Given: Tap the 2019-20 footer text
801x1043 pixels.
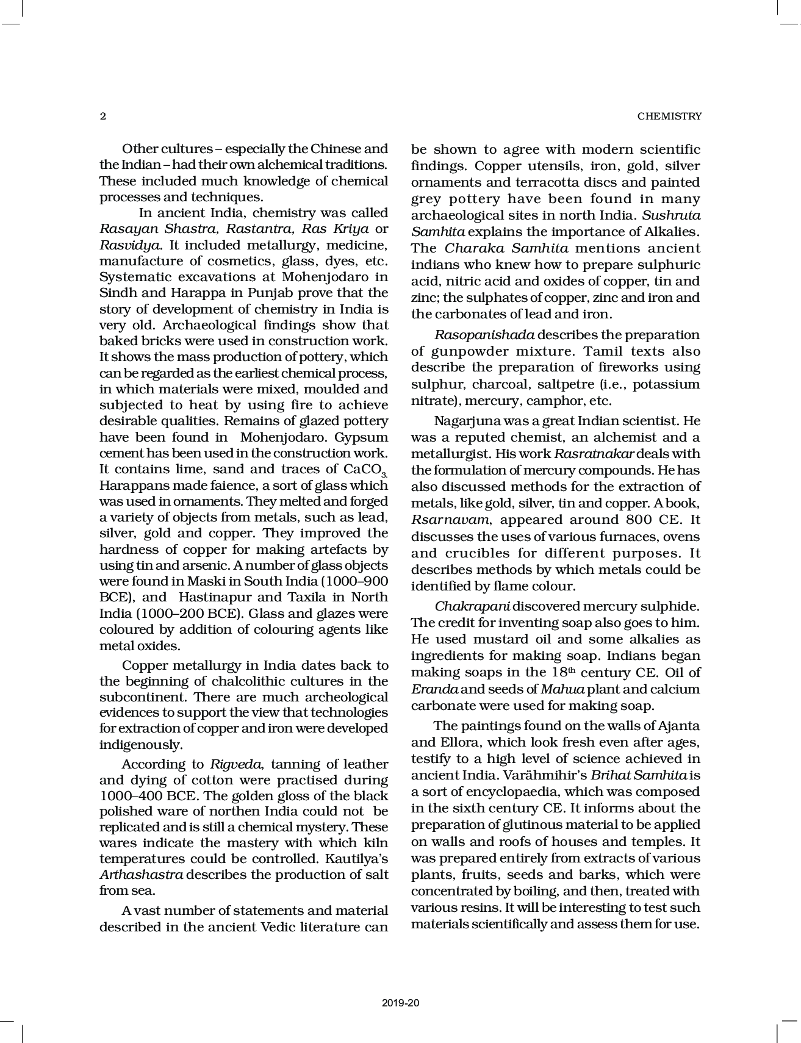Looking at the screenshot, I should (401, 1002).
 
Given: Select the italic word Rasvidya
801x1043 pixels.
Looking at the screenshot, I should (130, 245).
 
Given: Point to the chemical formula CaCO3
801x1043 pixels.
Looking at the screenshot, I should (365, 470).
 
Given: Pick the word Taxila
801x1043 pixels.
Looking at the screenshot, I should (297, 597).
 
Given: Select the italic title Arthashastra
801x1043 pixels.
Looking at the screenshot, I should (141, 875).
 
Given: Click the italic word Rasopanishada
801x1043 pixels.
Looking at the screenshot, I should (484, 335).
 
